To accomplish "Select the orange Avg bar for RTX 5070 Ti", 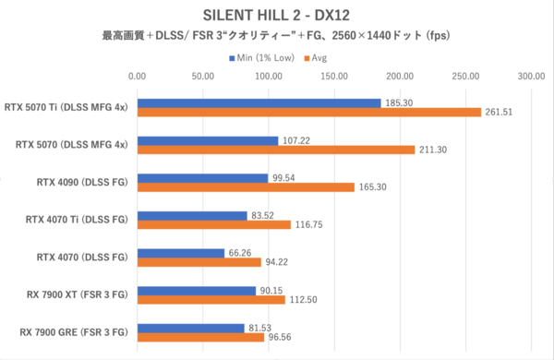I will pyautogui.click(x=308, y=112).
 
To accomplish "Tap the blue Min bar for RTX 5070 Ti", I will pyautogui.click(x=259, y=102).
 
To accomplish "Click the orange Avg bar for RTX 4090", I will pyautogui.click(x=246, y=187).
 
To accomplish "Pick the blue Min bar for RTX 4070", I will pyautogui.click(x=180, y=253).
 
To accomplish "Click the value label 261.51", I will pyautogui.click(x=500, y=112).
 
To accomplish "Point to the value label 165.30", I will pyautogui.click(x=374, y=187).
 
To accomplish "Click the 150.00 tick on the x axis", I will pyautogui.click(x=334, y=77).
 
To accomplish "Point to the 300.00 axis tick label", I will pyautogui.click(x=531, y=77).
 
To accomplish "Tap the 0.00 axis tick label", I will pyautogui.click(x=137, y=77).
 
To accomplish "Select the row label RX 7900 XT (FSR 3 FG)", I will pyautogui.click(x=70, y=295).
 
